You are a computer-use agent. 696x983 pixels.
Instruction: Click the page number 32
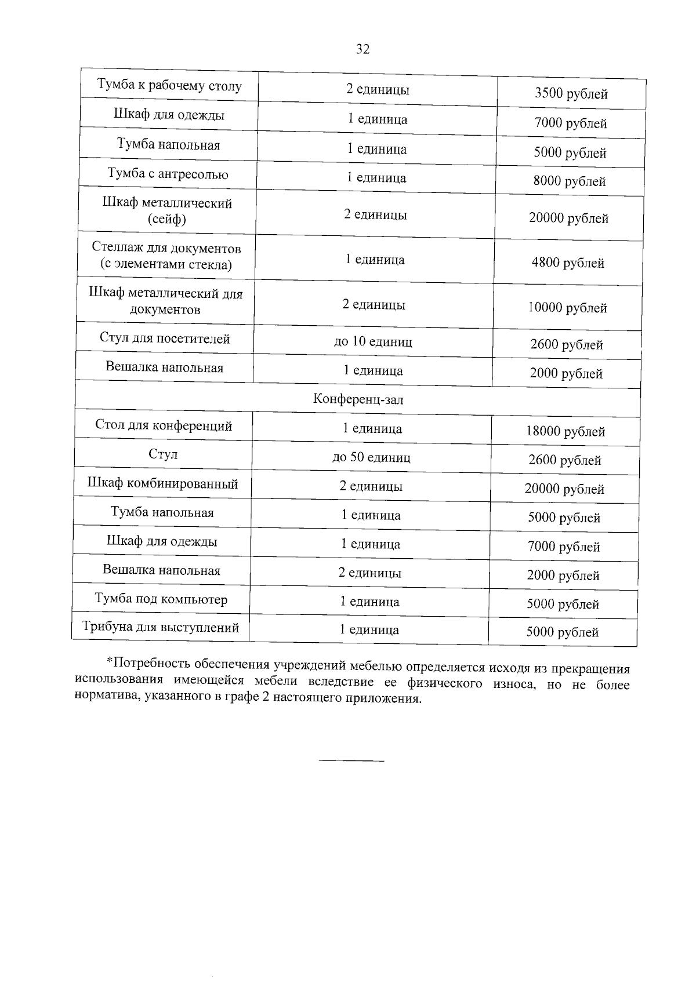click(x=362, y=49)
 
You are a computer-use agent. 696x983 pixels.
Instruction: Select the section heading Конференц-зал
click(x=358, y=399)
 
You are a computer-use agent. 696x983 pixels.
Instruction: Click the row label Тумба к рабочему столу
click(x=169, y=86)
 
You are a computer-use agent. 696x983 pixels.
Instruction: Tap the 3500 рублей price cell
click(x=571, y=94)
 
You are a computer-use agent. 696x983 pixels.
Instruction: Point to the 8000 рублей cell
click(x=570, y=181)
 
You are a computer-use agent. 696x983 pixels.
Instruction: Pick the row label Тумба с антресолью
click(x=168, y=174)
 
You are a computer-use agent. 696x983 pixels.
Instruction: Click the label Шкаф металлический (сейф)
click(x=167, y=211)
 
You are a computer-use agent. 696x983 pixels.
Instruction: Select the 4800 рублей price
click(x=568, y=263)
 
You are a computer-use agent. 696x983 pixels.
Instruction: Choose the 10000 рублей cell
click(x=567, y=308)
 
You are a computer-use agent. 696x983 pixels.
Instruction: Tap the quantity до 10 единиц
click(x=373, y=341)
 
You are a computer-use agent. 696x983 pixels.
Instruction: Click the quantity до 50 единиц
click(x=371, y=457)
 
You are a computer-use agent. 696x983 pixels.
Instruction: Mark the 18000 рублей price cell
click(x=565, y=431)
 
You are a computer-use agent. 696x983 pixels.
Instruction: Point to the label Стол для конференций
click(x=164, y=425)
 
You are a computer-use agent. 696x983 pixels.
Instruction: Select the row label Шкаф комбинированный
click(x=162, y=484)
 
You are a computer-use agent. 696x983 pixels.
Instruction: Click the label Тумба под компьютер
click(x=161, y=599)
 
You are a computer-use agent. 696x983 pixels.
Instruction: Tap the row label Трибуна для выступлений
click(x=161, y=628)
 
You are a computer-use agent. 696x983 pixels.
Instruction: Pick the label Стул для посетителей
click(x=165, y=338)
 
